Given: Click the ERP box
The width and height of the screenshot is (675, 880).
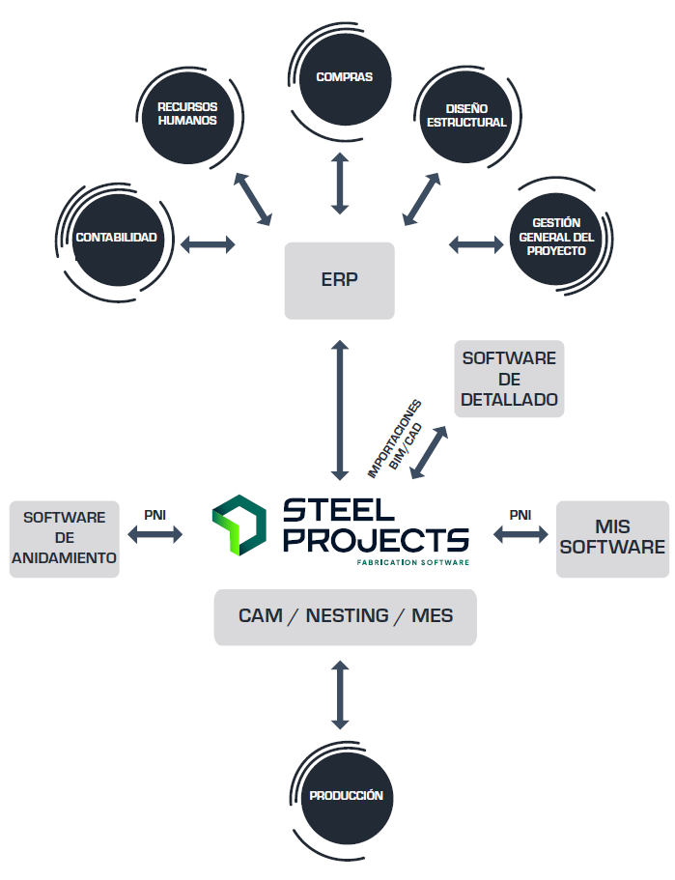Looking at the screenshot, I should click(x=340, y=280).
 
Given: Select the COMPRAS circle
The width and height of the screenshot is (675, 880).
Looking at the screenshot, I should click(x=345, y=78).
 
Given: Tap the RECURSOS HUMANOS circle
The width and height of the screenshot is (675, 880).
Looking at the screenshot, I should click(x=187, y=115).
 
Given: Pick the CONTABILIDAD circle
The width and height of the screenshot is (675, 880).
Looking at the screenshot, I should click(x=117, y=238).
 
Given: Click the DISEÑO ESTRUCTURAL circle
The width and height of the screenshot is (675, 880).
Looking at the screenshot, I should click(x=466, y=117).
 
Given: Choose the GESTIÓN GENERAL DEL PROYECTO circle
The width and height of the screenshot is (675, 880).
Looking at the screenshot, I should click(x=556, y=238).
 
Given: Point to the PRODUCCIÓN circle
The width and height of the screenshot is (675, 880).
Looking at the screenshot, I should click(x=346, y=796).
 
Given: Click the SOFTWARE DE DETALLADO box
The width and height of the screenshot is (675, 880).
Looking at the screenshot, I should click(x=509, y=379).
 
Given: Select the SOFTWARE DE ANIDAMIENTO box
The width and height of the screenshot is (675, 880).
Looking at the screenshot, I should click(x=65, y=539).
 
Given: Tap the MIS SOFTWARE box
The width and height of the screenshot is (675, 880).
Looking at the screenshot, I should click(x=613, y=539).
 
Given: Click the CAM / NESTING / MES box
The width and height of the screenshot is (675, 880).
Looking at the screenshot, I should click(x=345, y=616).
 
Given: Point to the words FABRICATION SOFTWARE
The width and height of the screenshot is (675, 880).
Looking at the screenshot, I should click(x=412, y=562).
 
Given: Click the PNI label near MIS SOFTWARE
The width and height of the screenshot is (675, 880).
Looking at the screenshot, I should click(x=520, y=515).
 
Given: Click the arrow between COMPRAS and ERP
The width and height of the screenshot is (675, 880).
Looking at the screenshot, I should click(x=340, y=183).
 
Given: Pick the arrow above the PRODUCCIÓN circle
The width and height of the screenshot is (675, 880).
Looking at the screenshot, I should click(x=340, y=695).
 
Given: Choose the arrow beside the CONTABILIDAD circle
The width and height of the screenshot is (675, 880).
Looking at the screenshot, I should click(x=208, y=243).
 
